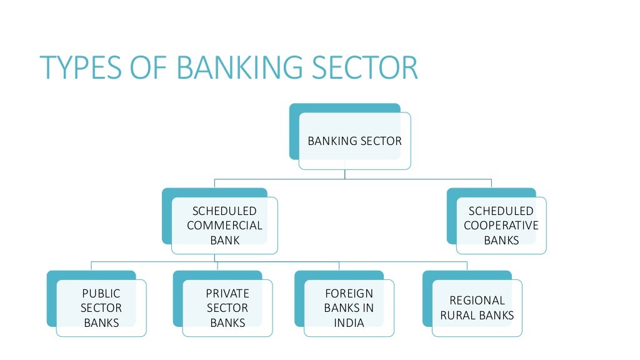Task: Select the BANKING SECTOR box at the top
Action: [x=354, y=141]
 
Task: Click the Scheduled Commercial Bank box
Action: [x=224, y=225]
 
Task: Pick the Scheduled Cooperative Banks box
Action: [x=501, y=225]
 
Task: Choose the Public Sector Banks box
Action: [x=101, y=307]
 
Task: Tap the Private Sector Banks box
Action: [x=227, y=307]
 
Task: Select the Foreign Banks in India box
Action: [x=349, y=307]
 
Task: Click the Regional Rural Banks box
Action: [x=477, y=307]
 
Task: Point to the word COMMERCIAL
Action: [x=224, y=226]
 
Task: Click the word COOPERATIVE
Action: [x=501, y=226]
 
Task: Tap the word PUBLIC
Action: [x=101, y=293]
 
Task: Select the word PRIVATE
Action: [x=227, y=293]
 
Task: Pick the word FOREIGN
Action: [x=349, y=293]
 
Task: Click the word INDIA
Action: [x=349, y=323]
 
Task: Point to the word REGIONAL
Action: [x=477, y=301]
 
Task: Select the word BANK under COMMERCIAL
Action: [x=224, y=240]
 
